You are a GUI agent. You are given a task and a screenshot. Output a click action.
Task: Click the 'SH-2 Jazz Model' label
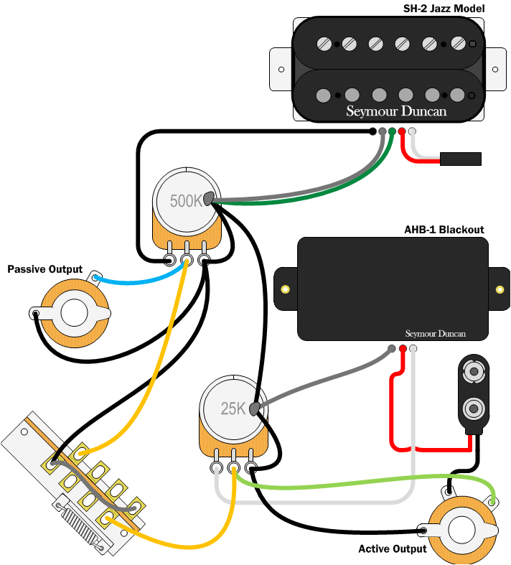pyautogui.click(x=444, y=9)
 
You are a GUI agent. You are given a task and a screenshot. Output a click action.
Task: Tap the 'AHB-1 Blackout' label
pyautogui.click(x=444, y=230)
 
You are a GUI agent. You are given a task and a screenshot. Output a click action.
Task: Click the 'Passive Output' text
pyautogui.click(x=44, y=269)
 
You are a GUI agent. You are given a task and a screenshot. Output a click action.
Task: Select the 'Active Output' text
pyautogui.click(x=392, y=548)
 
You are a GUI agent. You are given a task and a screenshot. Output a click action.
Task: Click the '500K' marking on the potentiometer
pyautogui.click(x=186, y=201)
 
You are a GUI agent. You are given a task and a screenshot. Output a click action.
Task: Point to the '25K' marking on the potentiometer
pyautogui.click(x=233, y=409)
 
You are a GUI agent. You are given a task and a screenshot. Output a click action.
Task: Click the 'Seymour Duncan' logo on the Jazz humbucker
pyautogui.click(x=396, y=111)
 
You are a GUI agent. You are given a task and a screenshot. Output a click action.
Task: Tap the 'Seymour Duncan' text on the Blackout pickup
pyautogui.click(x=435, y=334)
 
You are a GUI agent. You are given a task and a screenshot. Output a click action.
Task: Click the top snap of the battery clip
pyautogui.click(x=474, y=373)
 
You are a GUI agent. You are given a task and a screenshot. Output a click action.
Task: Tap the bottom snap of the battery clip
pyautogui.click(x=474, y=410)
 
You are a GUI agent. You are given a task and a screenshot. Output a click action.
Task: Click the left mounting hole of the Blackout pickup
pyautogui.click(x=286, y=289)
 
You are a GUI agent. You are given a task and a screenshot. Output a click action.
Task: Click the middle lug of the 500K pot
pyautogui.click(x=187, y=262)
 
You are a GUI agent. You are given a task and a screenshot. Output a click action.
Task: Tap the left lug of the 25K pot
pyautogui.click(x=216, y=469)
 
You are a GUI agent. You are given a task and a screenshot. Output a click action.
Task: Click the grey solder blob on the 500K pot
pyautogui.click(x=210, y=199)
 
